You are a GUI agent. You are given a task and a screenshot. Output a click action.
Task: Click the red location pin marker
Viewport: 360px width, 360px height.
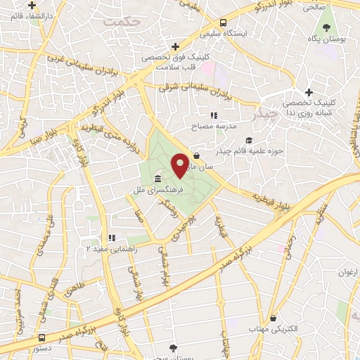click(180, 165)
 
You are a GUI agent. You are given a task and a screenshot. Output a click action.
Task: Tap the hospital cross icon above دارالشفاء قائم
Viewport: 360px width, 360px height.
click(32, 5)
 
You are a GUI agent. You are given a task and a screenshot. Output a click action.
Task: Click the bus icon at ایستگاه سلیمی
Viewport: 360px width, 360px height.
click(223, 22)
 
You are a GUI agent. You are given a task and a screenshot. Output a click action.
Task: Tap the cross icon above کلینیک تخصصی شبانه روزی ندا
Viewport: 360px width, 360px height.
click(309, 92)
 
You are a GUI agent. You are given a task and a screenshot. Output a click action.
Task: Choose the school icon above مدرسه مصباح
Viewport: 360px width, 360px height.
click(214, 115)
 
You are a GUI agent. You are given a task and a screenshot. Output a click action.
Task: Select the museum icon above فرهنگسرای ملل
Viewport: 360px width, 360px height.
click(155, 179)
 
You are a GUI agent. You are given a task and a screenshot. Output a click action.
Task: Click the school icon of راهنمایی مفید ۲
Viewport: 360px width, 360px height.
click(110, 238)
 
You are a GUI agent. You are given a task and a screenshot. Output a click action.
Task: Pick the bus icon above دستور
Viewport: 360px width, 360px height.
click(41, 337)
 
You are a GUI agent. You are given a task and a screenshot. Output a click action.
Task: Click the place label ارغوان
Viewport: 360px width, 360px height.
click(347, 272)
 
